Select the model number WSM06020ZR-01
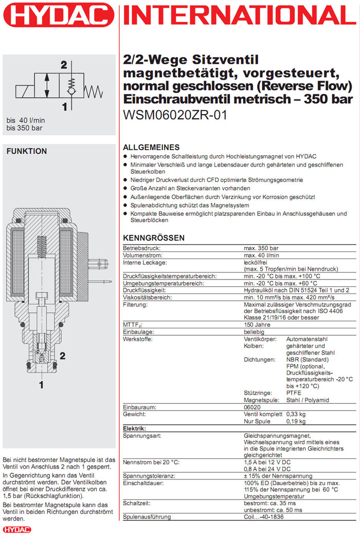175,116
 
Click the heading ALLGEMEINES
151,147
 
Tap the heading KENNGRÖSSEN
153,238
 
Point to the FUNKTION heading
26,151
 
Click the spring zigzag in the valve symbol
94,91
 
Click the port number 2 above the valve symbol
64,65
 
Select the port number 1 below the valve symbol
64,107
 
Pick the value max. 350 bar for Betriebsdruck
262,248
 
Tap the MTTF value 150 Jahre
258,325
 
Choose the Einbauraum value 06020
253,406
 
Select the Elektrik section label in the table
135,428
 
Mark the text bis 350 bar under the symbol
25,128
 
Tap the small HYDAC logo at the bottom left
14,529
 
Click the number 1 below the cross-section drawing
41,383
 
